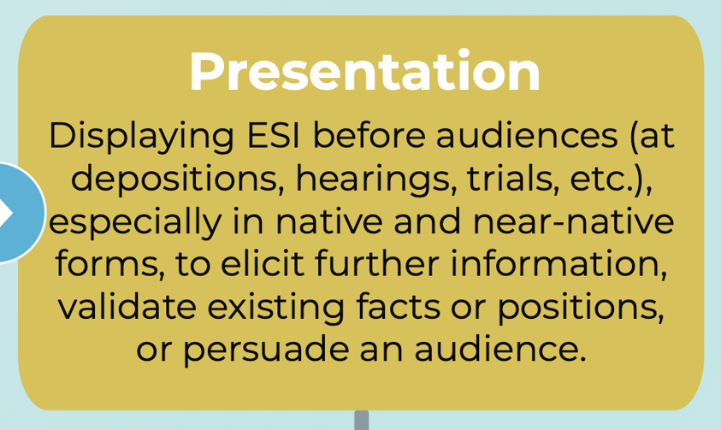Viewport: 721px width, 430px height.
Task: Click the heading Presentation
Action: [364, 71]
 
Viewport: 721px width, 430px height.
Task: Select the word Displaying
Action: [142, 136]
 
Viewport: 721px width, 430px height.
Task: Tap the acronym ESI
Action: [274, 135]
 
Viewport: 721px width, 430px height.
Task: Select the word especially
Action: [136, 221]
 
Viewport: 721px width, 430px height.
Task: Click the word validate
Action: [127, 306]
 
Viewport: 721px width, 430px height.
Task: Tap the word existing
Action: [276, 308]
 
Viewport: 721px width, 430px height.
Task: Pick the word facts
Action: [399, 306]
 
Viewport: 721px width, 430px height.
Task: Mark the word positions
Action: [581, 308]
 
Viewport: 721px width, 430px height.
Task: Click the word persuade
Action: [266, 350]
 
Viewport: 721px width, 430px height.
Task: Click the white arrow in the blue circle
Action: [5, 213]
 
